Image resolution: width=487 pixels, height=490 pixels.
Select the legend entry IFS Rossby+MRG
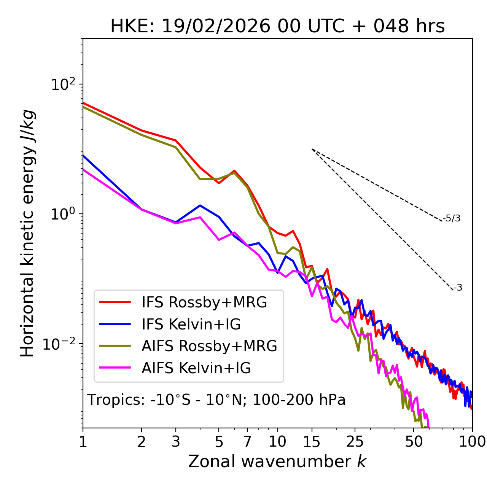click(204, 302)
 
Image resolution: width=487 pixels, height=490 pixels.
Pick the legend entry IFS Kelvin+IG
click(191, 325)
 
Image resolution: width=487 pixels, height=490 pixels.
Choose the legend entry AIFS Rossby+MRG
click(209, 346)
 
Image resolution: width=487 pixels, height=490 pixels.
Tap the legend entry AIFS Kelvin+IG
click(196, 368)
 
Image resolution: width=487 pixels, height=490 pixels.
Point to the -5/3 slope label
click(452, 218)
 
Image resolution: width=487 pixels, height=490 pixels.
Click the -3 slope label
click(458, 288)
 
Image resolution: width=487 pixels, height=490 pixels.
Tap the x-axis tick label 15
click(312, 442)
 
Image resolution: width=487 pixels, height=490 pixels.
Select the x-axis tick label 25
click(355, 442)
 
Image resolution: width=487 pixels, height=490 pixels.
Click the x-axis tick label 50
click(414, 442)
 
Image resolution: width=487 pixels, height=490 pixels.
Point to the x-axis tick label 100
click(472, 442)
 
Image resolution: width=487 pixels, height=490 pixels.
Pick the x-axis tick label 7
click(247, 442)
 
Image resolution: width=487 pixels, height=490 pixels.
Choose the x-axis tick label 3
click(175, 442)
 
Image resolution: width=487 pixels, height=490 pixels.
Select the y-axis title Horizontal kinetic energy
click(28, 233)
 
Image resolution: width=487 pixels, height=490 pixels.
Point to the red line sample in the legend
click(115, 302)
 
